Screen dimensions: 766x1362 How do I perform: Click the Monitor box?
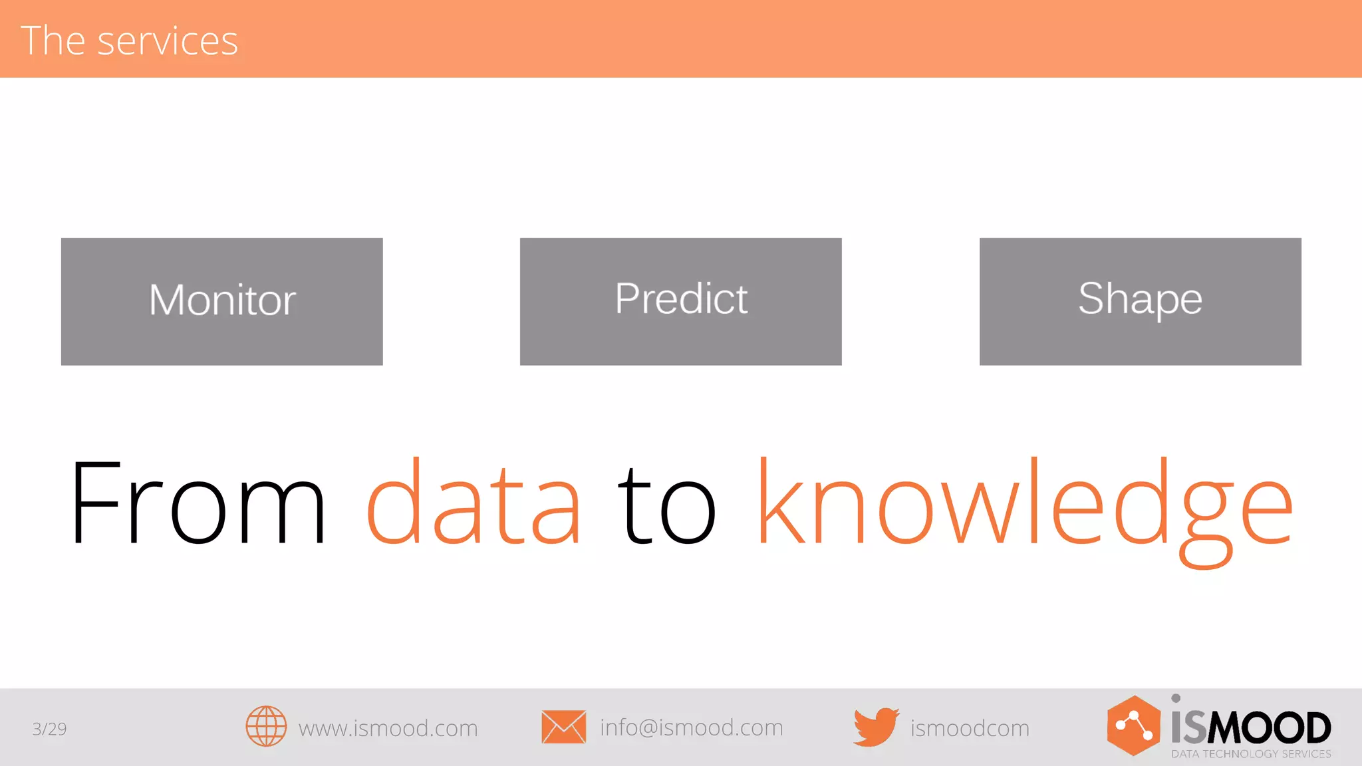[221, 301]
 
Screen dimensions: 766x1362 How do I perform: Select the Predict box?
[680, 301]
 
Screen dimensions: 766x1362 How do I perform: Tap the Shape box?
[1140, 301]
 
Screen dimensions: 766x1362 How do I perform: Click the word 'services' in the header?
[168, 41]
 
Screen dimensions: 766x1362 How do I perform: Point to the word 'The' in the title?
[53, 41]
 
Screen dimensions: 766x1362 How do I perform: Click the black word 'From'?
[198, 503]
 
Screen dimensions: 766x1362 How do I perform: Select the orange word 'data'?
[474, 503]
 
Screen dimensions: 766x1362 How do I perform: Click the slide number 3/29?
[49, 729]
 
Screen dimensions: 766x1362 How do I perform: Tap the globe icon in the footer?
[266, 726]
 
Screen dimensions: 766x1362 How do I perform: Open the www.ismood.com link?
[388, 729]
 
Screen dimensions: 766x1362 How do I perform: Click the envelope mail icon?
[563, 727]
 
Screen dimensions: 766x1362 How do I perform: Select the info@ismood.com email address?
[691, 728]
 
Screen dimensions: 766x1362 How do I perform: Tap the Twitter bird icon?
[876, 727]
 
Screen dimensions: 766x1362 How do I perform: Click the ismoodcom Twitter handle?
[970, 729]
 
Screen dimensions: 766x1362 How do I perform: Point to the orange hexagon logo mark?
[1133, 725]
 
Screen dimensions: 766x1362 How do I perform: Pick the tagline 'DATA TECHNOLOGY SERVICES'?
[1251, 754]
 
